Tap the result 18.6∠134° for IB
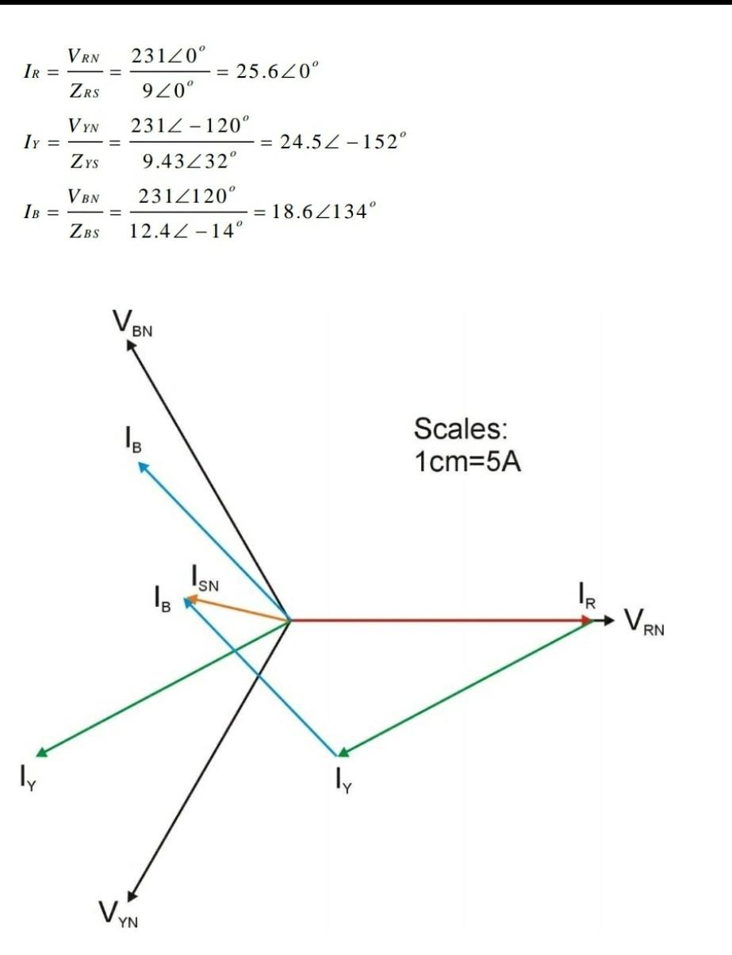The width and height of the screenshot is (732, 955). click(319, 212)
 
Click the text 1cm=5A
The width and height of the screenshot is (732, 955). click(467, 462)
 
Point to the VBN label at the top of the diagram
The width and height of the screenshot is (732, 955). click(132, 323)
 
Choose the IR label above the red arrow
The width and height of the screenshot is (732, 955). click(585, 594)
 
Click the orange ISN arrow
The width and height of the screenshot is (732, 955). click(238, 610)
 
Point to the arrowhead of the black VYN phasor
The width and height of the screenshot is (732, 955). click(132, 892)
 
